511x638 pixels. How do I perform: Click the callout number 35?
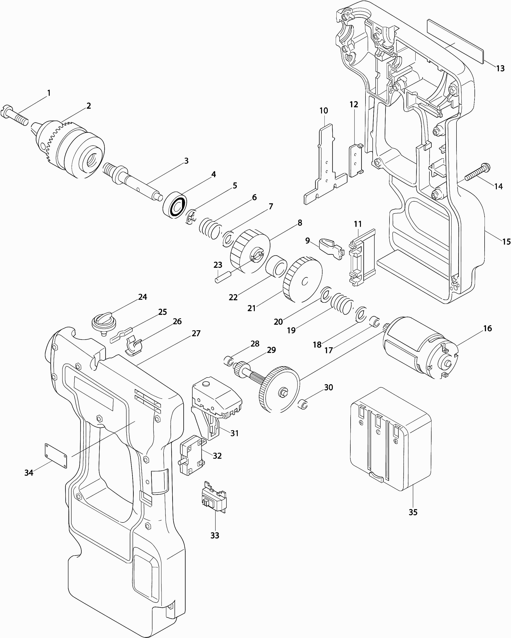(413, 512)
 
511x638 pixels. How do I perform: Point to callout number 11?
(358, 224)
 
